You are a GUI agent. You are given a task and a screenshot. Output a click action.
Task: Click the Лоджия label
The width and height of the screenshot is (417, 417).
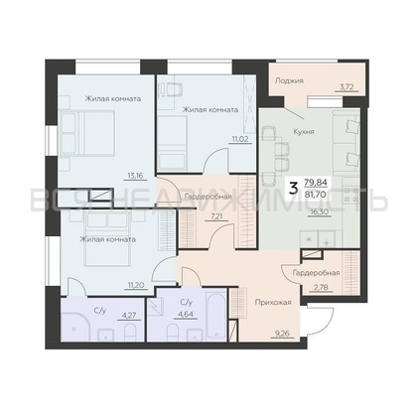pyautogui.click(x=289, y=80)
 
